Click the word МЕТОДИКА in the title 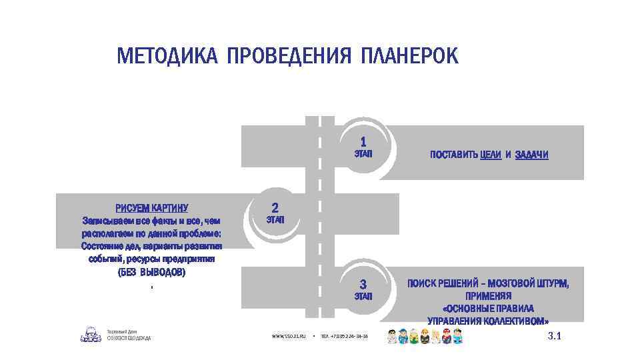pos(167,56)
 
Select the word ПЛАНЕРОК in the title pos(409,56)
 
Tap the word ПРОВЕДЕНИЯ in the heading pos(289,56)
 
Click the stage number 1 pos(363,141)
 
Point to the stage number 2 pos(275,207)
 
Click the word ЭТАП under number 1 pos(363,154)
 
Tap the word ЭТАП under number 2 pos(275,219)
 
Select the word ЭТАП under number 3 pos(363,296)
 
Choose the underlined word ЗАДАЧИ pos(531,155)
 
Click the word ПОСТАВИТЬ pos(454,155)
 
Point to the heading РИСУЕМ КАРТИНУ pos(152,207)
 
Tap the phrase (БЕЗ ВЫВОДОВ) pos(152,273)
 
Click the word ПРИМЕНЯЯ pos(488,296)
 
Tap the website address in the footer pos(288,337)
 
